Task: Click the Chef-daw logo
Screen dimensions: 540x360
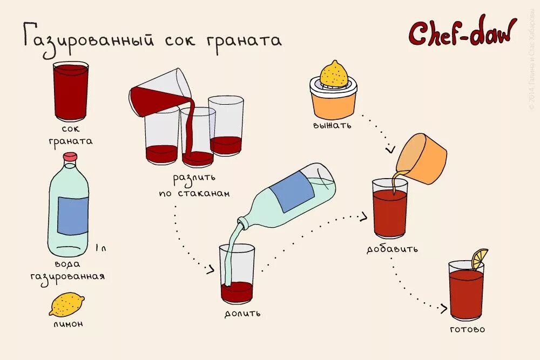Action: (462, 33)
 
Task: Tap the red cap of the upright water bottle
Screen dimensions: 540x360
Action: (70, 157)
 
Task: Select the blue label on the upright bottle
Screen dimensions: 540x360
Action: (73, 215)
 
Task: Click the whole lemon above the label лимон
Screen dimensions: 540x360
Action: (66, 304)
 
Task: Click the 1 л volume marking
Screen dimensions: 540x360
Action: (100, 248)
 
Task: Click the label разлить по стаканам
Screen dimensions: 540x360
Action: (194, 185)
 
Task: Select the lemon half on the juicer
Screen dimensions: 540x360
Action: (334, 74)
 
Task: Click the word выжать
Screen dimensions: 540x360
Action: (332, 126)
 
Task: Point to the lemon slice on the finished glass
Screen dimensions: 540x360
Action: (479, 259)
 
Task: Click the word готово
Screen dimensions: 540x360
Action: (467, 329)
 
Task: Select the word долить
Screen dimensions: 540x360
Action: (243, 313)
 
